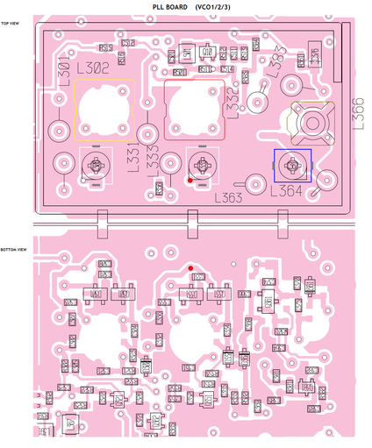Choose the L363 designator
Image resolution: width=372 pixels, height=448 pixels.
click(231, 198)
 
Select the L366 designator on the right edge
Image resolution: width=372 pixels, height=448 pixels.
click(357, 115)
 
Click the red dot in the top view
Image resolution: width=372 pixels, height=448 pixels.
click(190, 181)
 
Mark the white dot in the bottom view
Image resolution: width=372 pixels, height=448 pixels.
click(232, 261)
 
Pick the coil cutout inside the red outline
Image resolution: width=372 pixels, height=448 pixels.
click(193, 107)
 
